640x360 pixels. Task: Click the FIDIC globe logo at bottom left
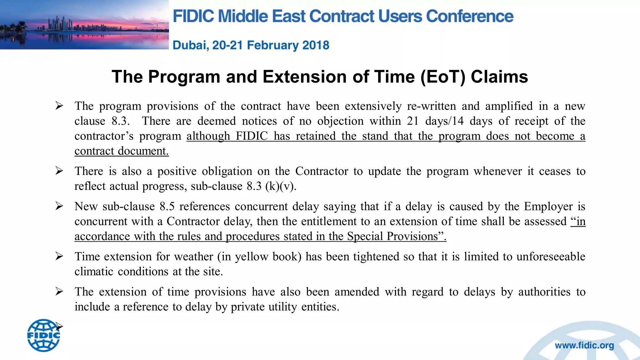(43, 335)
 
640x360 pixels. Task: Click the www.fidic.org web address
(584, 346)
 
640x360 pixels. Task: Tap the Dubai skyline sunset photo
(84, 25)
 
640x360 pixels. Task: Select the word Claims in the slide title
(499, 77)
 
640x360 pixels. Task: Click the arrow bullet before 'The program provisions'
(59, 106)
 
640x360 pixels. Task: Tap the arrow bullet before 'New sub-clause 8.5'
(59, 206)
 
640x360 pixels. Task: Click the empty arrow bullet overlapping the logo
(59, 327)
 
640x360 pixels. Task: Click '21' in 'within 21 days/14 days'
(413, 121)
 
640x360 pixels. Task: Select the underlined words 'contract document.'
(122, 151)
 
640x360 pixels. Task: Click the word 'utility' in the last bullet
(282, 307)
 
